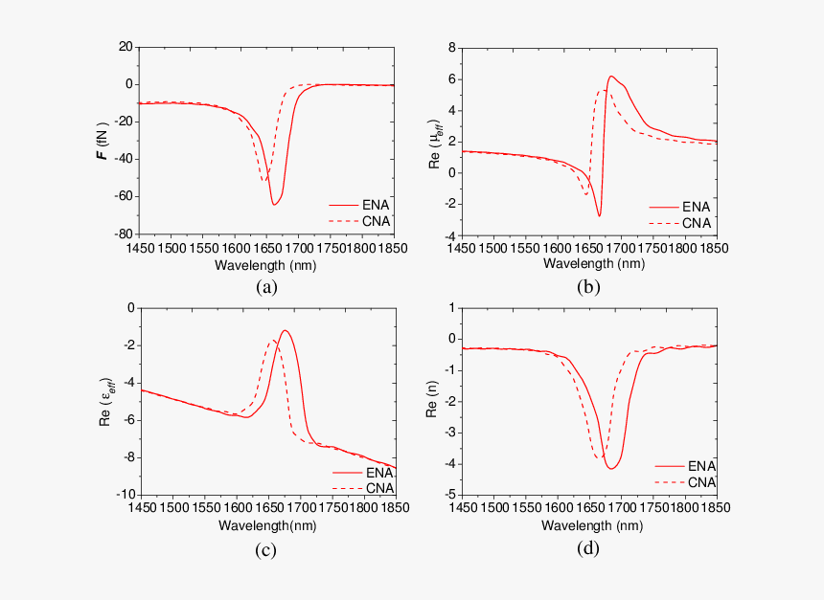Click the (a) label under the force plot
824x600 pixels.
pyautogui.click(x=266, y=287)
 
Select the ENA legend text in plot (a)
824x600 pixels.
pyautogui.click(x=374, y=205)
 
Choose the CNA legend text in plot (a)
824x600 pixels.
pyautogui.click(x=374, y=221)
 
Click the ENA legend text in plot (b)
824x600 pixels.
pyautogui.click(x=696, y=206)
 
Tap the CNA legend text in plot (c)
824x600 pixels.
pyautogui.click(x=378, y=488)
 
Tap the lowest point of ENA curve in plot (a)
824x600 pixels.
pyautogui.click(x=274, y=205)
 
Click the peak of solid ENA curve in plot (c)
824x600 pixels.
pyautogui.click(x=285, y=331)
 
